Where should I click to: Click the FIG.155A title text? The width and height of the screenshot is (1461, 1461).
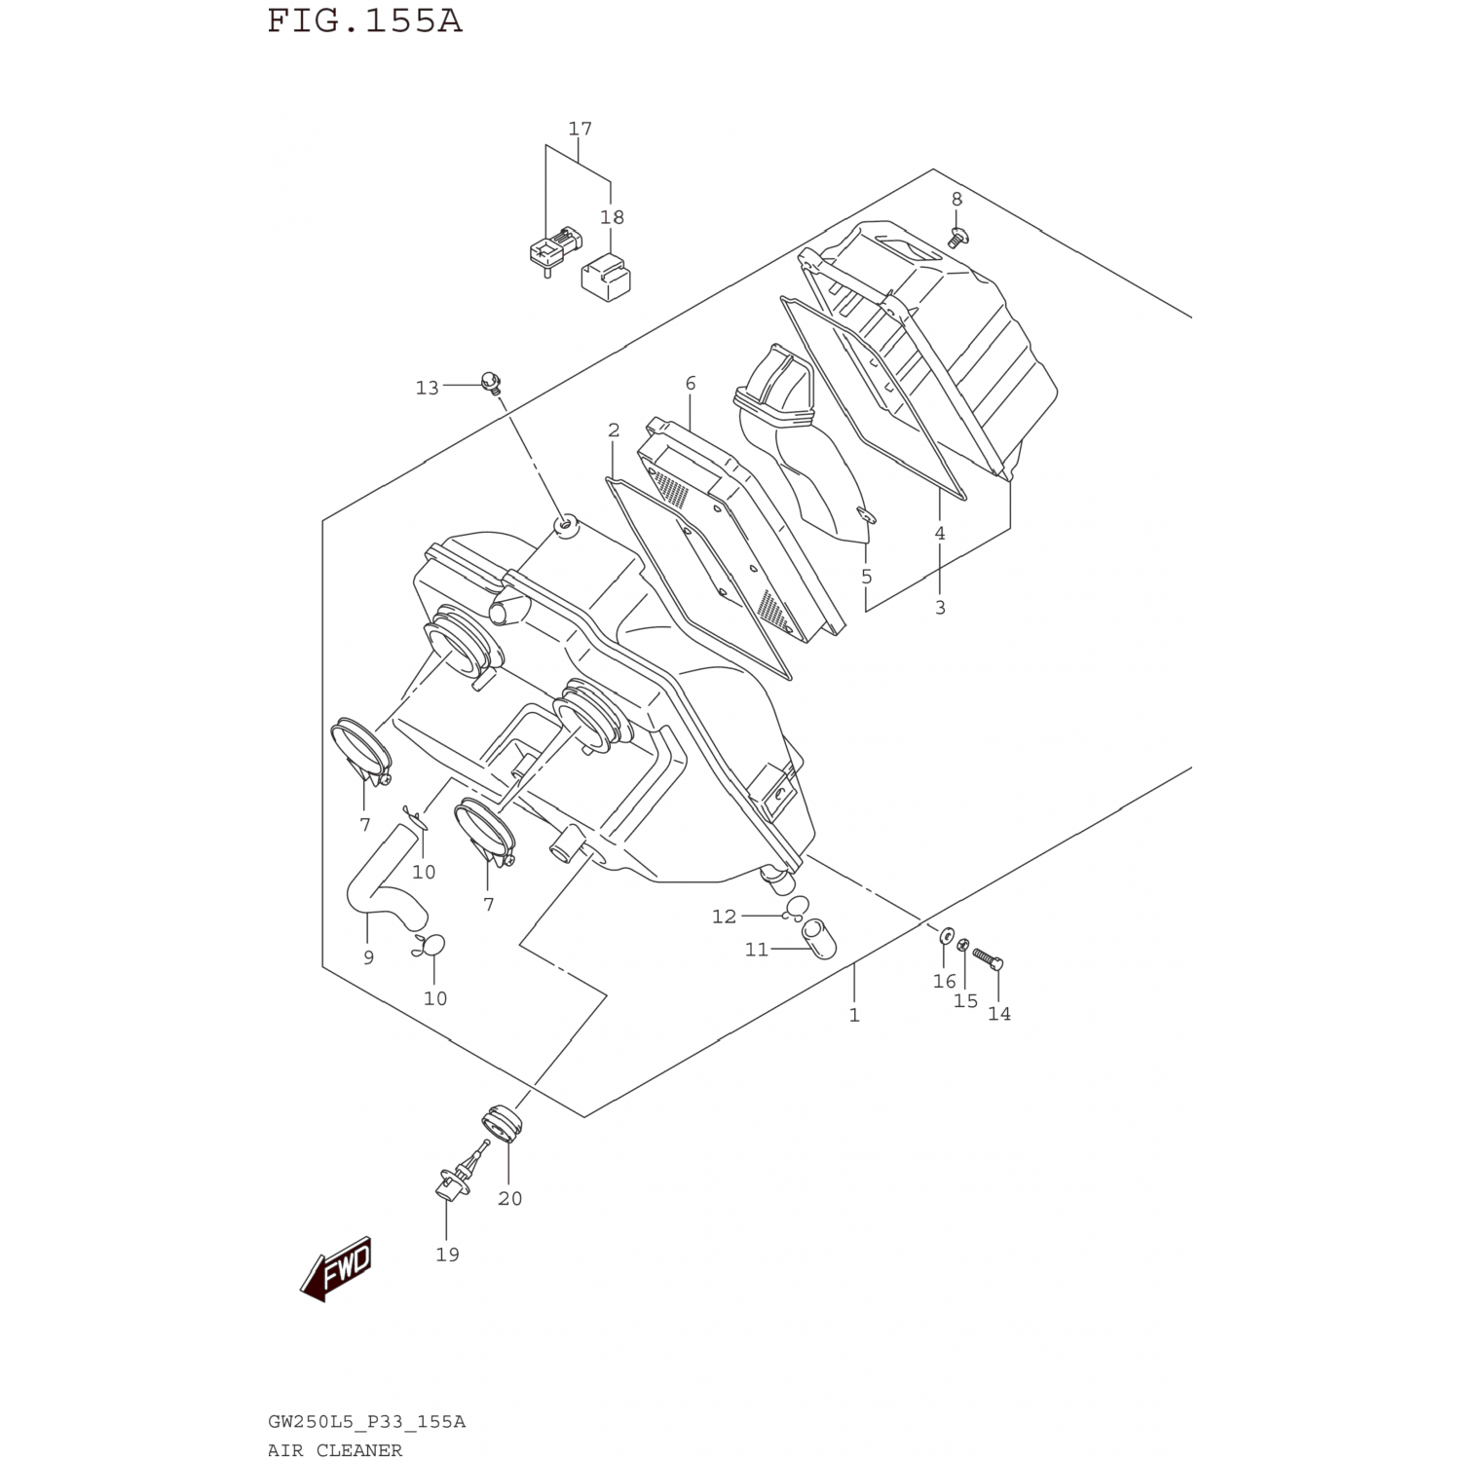pyautogui.click(x=364, y=20)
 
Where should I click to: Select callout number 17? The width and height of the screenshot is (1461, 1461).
pyautogui.click(x=580, y=129)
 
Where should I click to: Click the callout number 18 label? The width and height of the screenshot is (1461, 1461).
pyautogui.click(x=612, y=217)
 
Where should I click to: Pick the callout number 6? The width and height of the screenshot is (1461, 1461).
pyautogui.click(x=691, y=384)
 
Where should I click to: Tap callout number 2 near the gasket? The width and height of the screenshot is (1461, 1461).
pyautogui.click(x=614, y=431)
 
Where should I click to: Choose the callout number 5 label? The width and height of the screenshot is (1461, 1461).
pyautogui.click(x=867, y=577)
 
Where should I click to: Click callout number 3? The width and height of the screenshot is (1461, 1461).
pyautogui.click(x=940, y=607)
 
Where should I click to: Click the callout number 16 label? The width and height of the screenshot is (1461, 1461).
pyautogui.click(x=944, y=981)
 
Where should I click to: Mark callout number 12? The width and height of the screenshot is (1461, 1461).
pyautogui.click(x=724, y=917)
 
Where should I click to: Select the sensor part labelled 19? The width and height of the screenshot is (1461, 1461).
pyautogui.click(x=454, y=1179)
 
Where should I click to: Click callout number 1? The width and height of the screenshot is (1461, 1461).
pyautogui.click(x=854, y=1015)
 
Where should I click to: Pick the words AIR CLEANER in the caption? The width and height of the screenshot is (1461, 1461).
pyautogui.click(x=335, y=1450)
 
